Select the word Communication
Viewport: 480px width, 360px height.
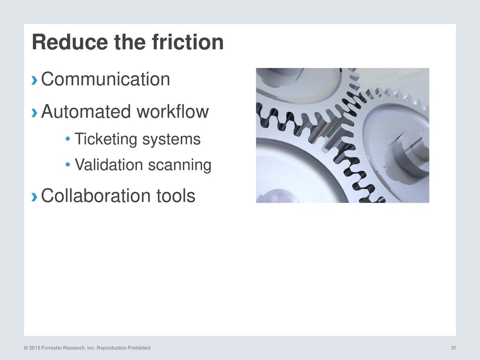pos(105,79)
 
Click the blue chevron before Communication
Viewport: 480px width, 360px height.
pos(35,80)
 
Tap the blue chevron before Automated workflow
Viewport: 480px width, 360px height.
pos(35,113)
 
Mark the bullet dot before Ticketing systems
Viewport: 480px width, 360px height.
pos(68,140)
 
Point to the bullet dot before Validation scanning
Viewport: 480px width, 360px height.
pos(68,165)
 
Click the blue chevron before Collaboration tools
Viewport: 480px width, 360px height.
pos(35,197)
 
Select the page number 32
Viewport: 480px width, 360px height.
pos(453,347)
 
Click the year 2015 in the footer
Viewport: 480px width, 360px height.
pos(35,348)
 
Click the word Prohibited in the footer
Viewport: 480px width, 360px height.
pos(138,348)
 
